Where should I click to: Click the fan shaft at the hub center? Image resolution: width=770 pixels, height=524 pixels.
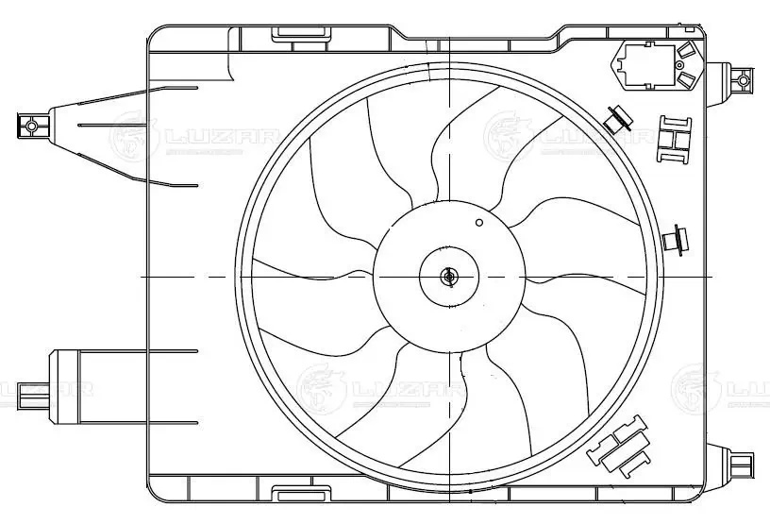(x=448, y=277)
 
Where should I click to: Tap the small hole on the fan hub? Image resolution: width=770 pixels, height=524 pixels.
(x=479, y=222)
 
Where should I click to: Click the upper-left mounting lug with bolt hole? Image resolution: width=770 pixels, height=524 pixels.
(x=31, y=124)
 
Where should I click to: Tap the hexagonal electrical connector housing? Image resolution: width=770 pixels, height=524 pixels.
(x=653, y=66)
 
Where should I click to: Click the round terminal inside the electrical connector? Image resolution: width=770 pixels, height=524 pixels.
(x=687, y=53)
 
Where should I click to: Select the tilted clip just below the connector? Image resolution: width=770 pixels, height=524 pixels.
(x=619, y=119)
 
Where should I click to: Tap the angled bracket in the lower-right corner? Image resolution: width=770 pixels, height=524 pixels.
(x=620, y=444)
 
